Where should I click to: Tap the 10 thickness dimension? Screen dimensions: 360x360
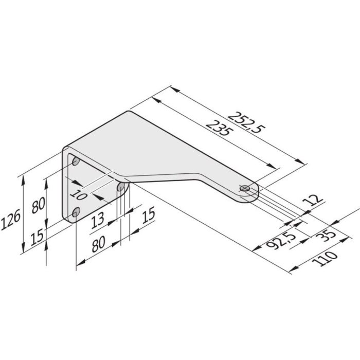78,194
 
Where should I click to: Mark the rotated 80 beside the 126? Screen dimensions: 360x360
38,205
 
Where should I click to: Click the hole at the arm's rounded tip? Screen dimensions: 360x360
245,188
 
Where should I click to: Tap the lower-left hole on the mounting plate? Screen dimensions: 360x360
77,211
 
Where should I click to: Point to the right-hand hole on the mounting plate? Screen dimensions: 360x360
122,187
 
